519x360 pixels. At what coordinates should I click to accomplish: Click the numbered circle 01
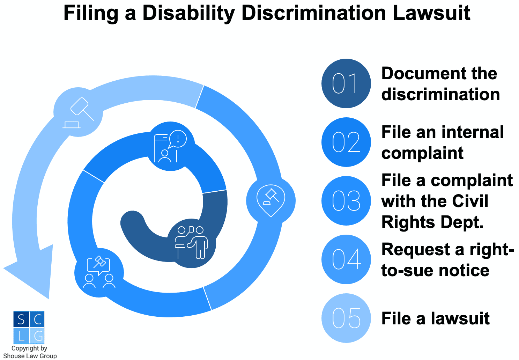pyautogui.click(x=346, y=83)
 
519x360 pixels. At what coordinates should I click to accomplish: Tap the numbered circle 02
pyautogui.click(x=346, y=142)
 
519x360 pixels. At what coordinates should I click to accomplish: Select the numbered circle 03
pyautogui.click(x=346, y=201)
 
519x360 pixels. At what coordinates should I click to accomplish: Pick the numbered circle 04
pyautogui.click(x=346, y=259)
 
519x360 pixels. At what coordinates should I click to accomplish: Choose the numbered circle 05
pyautogui.click(x=346, y=318)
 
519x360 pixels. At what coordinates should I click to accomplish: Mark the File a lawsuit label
pyautogui.click(x=435, y=318)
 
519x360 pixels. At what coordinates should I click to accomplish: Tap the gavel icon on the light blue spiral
pyautogui.click(x=79, y=112)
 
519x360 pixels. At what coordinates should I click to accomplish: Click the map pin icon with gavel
pyautogui.click(x=271, y=200)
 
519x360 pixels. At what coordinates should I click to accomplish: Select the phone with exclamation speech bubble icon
pyautogui.click(x=170, y=146)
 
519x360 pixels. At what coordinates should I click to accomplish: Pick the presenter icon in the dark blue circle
pyautogui.click(x=191, y=243)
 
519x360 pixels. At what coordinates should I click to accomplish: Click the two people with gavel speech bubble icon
pyautogui.click(x=99, y=273)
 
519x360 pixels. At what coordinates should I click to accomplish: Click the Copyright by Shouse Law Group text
pyautogui.click(x=30, y=352)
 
